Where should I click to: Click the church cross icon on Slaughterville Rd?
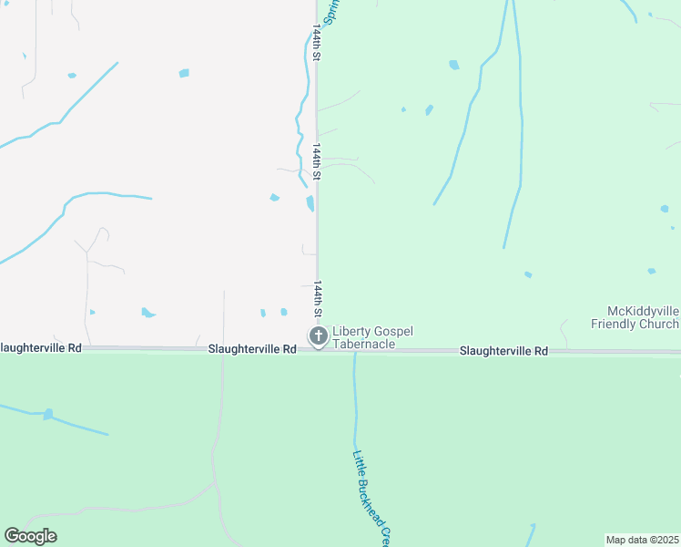[x=319, y=337]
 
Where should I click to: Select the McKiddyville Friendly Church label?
[x=635, y=317]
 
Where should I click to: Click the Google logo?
[x=30, y=536]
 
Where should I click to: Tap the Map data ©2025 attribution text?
[x=643, y=540]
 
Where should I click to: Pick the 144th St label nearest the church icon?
[x=319, y=300]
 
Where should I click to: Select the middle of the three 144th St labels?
[x=318, y=161]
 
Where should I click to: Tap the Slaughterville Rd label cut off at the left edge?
[x=41, y=348]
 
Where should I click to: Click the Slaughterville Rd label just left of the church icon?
[x=252, y=349]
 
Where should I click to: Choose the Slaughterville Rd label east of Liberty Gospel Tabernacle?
[x=503, y=351]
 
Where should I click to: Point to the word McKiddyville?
[x=643, y=312]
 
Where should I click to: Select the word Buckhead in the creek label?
[x=372, y=501]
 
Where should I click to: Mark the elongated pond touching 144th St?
[x=310, y=202]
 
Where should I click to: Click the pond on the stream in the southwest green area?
[x=47, y=414]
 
